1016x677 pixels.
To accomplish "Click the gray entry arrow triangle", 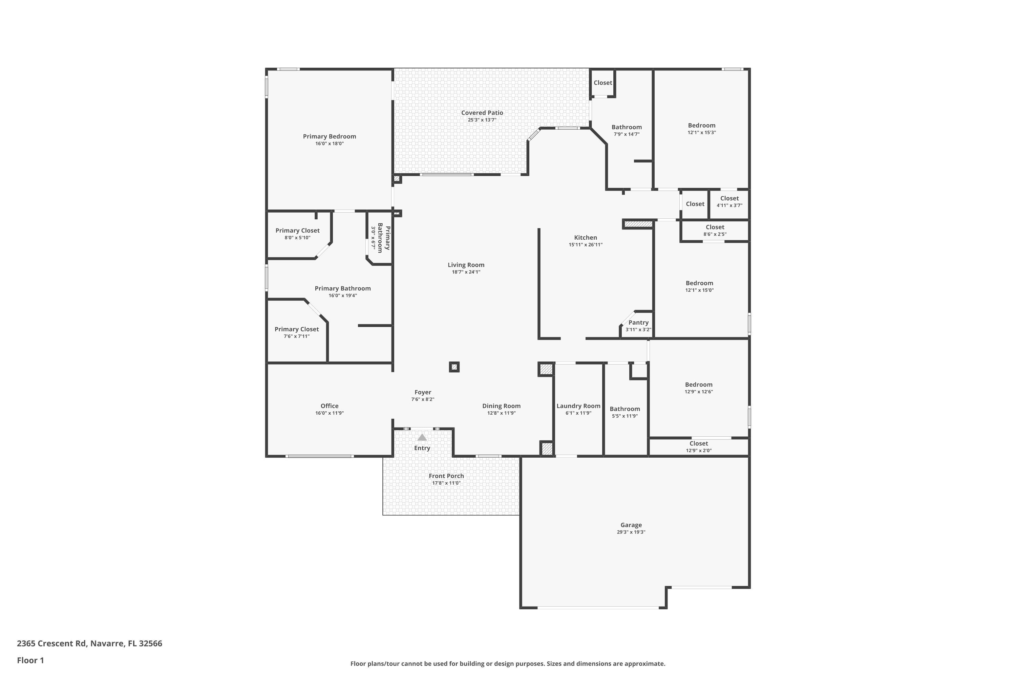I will coord(422,437).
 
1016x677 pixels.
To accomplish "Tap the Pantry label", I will coord(638,323).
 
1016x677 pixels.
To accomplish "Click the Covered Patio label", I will coord(482,113).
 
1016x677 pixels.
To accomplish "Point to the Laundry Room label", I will coord(578,406).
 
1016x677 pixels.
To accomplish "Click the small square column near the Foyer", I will coord(454,367).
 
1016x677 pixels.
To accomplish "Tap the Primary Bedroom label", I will coord(329,136).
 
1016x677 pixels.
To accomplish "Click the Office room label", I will coord(329,406).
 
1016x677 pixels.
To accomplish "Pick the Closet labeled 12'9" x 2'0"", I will coord(698,443).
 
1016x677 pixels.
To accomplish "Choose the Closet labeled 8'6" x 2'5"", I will coord(715,227).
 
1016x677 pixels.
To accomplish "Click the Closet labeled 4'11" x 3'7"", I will coord(729,199).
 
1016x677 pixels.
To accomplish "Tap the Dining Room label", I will coord(501,406).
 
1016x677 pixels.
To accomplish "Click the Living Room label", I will coord(466,265).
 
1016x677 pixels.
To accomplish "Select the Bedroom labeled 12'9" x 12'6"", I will coord(698,385).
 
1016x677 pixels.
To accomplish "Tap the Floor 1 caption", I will coord(30,660).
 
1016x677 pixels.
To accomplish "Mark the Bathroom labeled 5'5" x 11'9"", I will coord(625,409).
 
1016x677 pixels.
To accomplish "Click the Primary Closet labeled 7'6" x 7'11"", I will coord(296,329).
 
